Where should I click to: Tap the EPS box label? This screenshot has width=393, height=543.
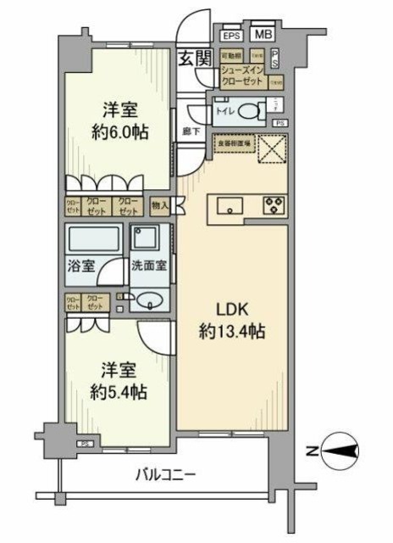[x=230, y=36]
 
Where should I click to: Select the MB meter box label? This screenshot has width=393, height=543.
[x=263, y=36]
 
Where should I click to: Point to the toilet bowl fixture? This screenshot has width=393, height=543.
[x=251, y=109]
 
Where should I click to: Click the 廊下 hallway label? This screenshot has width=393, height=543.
[x=191, y=132]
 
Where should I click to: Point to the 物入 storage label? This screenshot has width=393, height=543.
[x=159, y=204]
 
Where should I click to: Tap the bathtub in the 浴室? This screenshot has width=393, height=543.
[x=94, y=241]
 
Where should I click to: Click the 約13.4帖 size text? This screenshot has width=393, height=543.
[x=233, y=332]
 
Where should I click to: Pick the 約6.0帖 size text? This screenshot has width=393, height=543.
[x=118, y=133]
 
